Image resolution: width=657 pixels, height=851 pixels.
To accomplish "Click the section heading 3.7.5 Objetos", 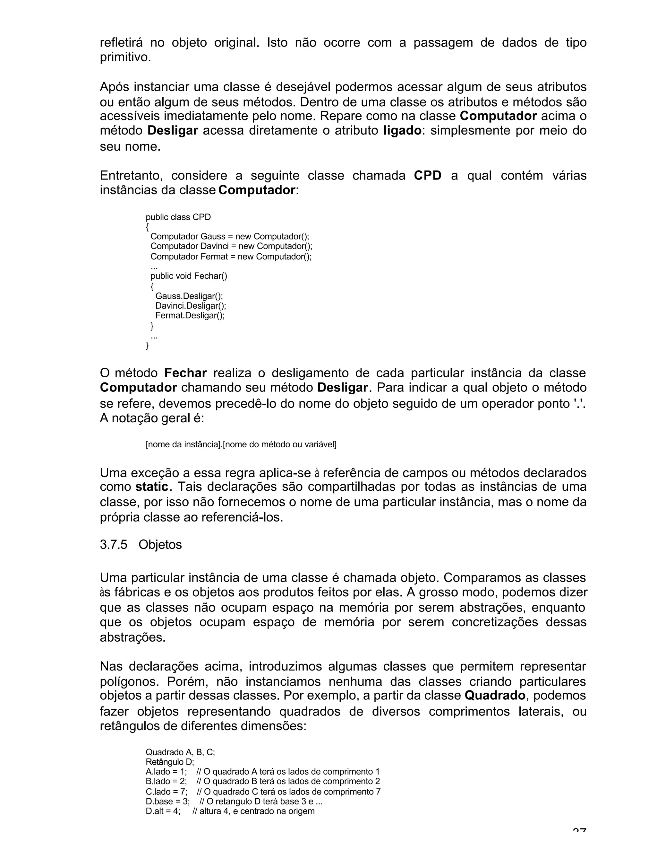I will [x=141, y=544].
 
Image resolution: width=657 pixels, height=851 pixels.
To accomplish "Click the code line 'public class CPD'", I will [x=178, y=217].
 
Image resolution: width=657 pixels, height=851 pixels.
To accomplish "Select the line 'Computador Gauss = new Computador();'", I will [x=230, y=237].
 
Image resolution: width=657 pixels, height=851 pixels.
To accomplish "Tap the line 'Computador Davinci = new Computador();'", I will [x=231, y=246].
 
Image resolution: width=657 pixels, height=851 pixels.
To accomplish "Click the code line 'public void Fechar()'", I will [x=189, y=276].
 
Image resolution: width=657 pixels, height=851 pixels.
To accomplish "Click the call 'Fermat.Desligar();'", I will [x=190, y=315].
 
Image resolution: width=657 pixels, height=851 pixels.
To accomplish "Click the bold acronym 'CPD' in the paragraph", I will [x=427, y=176].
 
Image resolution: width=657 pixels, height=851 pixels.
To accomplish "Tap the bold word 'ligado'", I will [x=402, y=130].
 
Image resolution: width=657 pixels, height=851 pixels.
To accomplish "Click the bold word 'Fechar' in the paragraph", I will [x=185, y=373].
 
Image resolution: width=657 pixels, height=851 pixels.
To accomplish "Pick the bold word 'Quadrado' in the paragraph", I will [x=495, y=696].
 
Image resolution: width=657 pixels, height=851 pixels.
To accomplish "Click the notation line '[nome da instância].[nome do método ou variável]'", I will [x=241, y=444].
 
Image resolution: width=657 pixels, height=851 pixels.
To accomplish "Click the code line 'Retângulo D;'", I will [x=170, y=762].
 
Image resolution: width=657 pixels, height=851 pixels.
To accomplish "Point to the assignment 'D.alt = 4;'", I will [x=163, y=811].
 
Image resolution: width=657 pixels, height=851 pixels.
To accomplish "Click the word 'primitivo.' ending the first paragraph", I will [x=125, y=58].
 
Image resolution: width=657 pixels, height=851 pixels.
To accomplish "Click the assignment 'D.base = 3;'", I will [x=168, y=802].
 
